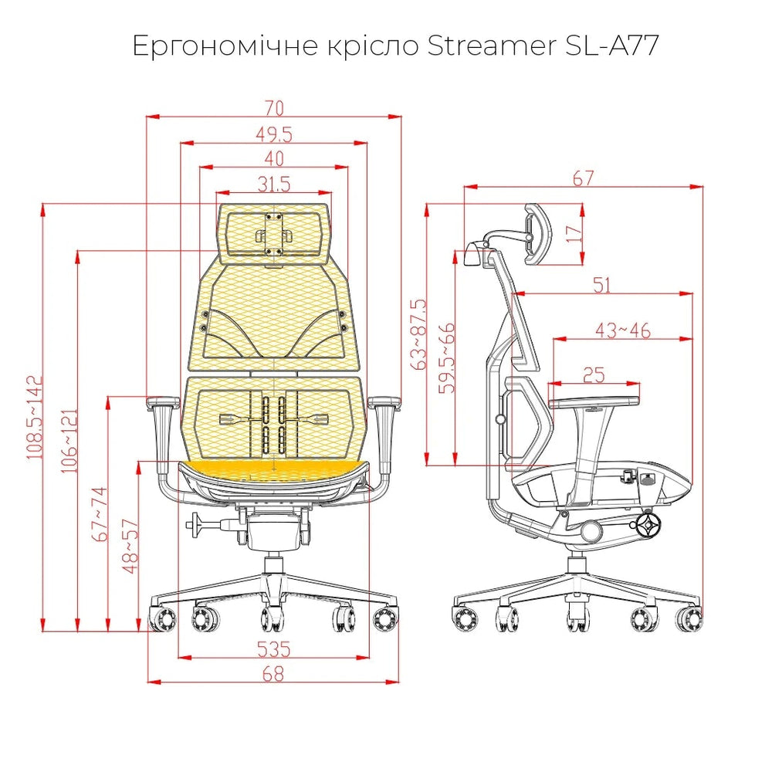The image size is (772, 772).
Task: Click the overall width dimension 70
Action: [x=274, y=107]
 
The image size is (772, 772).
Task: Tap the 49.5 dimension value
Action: [x=274, y=134]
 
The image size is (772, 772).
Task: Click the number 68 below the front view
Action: [x=273, y=673]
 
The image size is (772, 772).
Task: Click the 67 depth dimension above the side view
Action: [x=584, y=178]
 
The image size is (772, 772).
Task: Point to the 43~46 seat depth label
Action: [x=623, y=330]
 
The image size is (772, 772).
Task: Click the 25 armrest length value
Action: [x=594, y=375]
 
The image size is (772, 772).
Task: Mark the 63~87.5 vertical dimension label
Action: [x=420, y=334]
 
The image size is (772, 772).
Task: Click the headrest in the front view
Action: [x=274, y=232]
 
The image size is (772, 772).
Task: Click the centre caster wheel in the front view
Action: [x=273, y=618]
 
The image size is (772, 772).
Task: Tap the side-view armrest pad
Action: [x=594, y=402]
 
